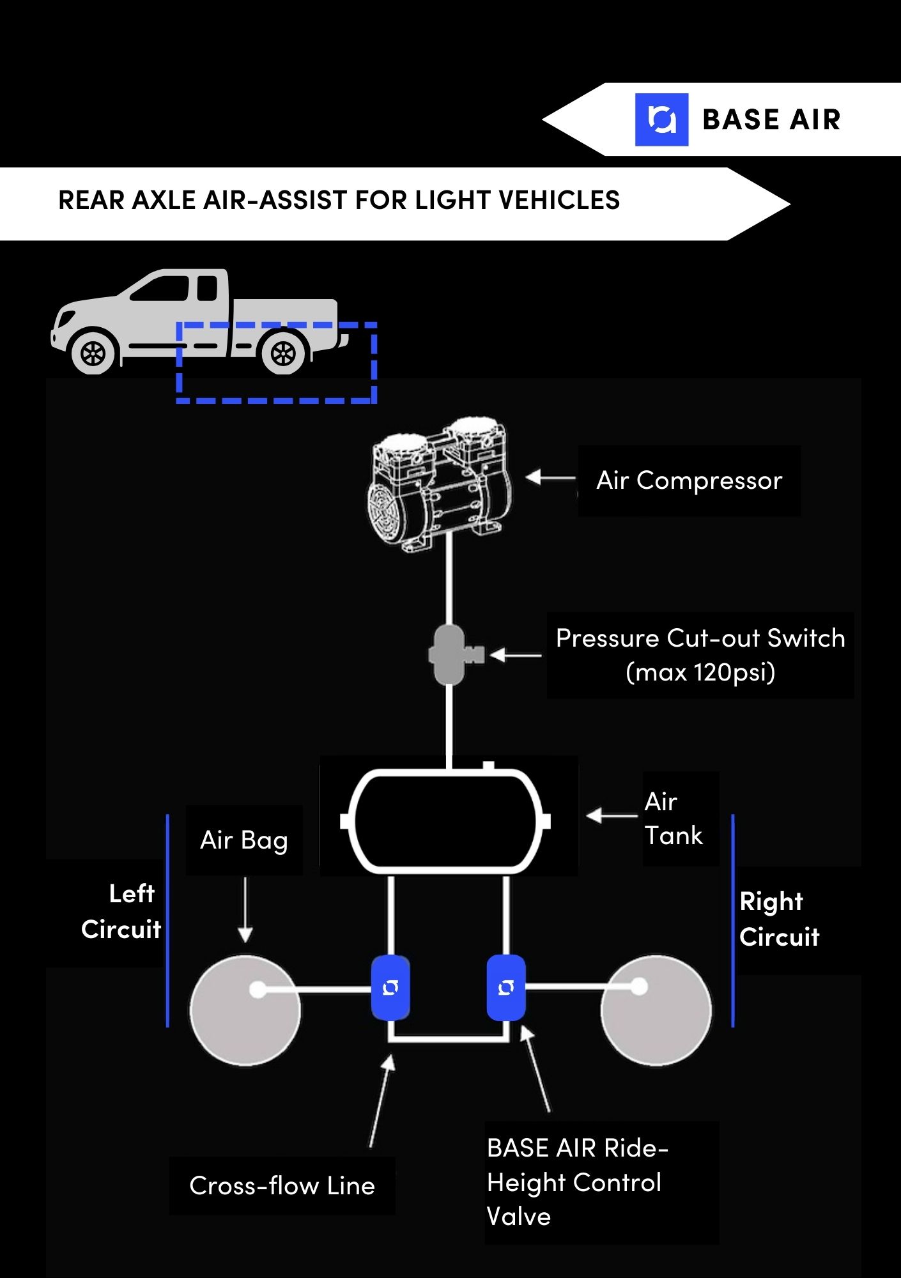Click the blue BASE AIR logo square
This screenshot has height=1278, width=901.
click(x=661, y=119)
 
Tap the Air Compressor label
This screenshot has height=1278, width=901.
click(x=689, y=481)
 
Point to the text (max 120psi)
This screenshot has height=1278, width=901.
click(x=700, y=672)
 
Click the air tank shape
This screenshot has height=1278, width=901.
click(x=445, y=821)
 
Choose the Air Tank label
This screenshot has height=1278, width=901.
click(x=674, y=819)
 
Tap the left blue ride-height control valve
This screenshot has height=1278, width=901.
click(x=390, y=988)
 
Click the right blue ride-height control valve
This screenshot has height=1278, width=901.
click(x=506, y=988)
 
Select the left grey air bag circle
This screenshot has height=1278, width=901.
click(x=245, y=1010)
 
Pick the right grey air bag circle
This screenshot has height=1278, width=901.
click(x=656, y=1010)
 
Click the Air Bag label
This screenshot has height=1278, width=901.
click(x=243, y=841)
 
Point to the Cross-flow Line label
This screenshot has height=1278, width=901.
click(x=282, y=1186)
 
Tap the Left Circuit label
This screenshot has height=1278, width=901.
click(x=121, y=911)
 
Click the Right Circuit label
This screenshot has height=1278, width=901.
click(x=779, y=919)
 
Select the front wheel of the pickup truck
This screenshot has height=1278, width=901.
click(x=93, y=353)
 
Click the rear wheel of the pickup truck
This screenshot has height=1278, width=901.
click(x=283, y=353)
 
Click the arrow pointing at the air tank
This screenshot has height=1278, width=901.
click(x=612, y=815)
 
